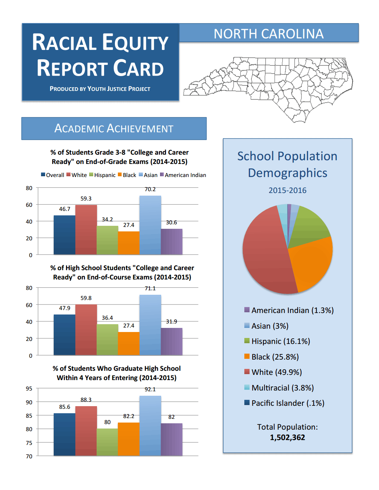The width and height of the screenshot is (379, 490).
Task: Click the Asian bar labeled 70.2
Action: click(150, 225)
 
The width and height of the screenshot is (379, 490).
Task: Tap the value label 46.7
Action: click(65, 209)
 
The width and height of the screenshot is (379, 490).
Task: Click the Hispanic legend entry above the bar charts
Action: click(103, 175)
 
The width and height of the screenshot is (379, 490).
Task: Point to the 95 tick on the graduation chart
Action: click(29, 389)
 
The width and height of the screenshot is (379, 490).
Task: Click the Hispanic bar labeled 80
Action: click(107, 442)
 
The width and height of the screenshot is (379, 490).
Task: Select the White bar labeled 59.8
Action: click(86, 330)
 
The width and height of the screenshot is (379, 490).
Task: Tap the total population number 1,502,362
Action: click(287, 437)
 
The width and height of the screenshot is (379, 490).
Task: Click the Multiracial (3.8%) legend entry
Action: click(279, 388)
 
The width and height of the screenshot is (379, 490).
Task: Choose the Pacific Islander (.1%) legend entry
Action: click(284, 403)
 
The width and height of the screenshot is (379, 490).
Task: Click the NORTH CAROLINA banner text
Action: click(269, 34)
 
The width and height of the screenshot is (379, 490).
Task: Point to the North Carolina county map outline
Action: click(268, 90)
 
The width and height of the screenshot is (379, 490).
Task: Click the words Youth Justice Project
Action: click(119, 89)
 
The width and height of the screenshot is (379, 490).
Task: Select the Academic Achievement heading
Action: click(114, 128)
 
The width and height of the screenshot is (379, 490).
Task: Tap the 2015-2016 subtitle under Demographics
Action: click(287, 190)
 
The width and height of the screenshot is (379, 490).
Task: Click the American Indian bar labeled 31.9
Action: click(172, 341)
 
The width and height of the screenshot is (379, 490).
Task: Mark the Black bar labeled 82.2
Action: click(129, 439)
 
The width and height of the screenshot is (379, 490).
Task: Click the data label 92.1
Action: click(150, 389)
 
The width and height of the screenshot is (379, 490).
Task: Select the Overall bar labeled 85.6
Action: click(65, 434)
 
